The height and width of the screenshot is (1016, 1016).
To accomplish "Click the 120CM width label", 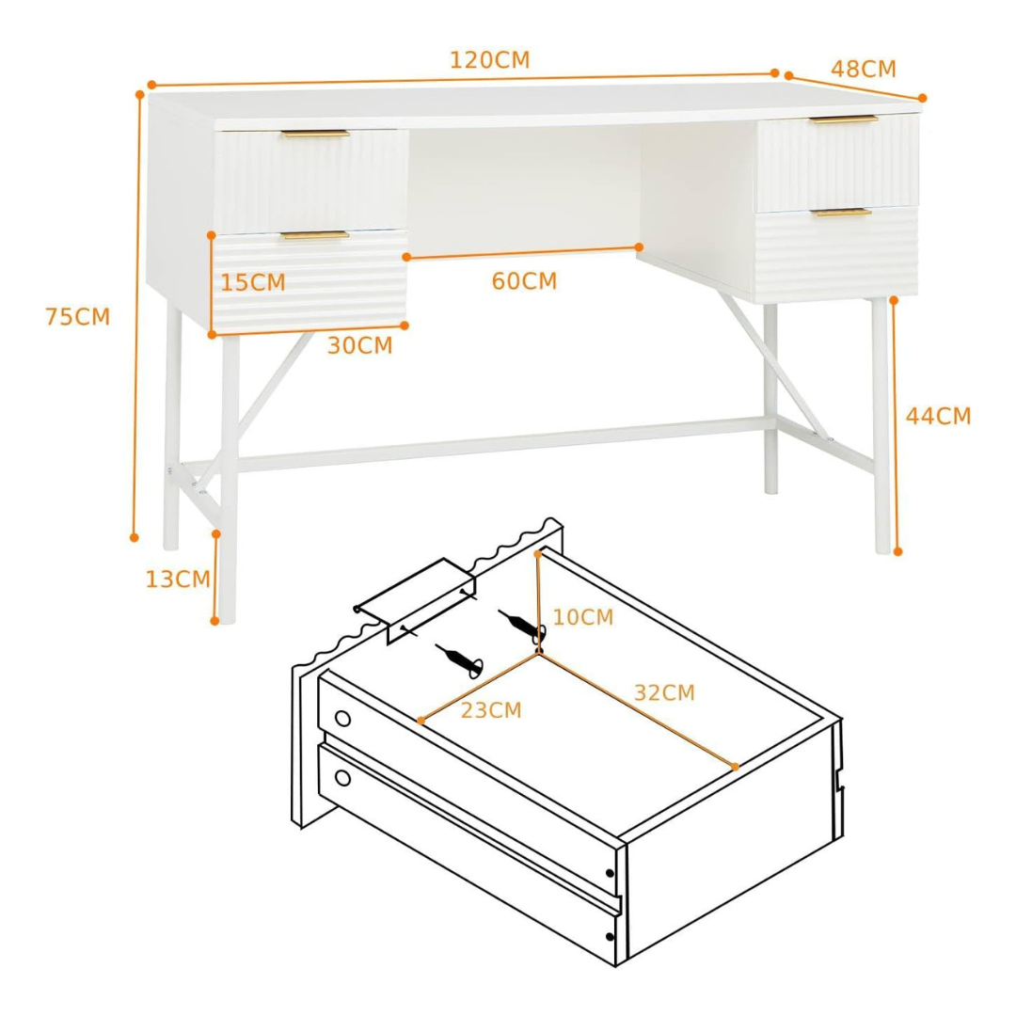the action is click(x=490, y=60).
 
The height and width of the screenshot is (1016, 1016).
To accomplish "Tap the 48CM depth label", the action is click(x=863, y=69).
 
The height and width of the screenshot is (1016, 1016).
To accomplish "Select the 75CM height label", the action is click(x=78, y=317).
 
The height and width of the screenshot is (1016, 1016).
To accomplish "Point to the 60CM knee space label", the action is click(x=524, y=281).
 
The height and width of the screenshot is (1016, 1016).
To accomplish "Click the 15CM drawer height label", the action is click(x=253, y=282).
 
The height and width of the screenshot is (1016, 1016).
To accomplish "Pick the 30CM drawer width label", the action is click(x=360, y=346).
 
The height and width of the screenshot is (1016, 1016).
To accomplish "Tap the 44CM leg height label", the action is click(x=938, y=416).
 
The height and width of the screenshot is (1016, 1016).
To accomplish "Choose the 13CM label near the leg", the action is click(x=178, y=579).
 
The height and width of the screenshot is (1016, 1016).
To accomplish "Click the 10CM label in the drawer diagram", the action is click(x=583, y=617).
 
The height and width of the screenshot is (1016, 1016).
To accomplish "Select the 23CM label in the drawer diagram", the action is click(x=491, y=710).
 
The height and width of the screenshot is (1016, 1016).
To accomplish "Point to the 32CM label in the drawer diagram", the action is click(x=664, y=692).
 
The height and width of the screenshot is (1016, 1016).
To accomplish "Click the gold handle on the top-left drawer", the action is click(x=315, y=135).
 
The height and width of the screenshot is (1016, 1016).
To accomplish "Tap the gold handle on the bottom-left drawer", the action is click(x=315, y=235).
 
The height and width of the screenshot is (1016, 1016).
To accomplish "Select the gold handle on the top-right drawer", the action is click(x=844, y=119).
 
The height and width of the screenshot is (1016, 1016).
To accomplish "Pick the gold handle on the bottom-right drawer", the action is click(x=844, y=212).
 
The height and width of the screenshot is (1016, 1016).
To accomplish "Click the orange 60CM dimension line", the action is click(x=523, y=252).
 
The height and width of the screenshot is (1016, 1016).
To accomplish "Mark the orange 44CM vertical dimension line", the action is click(x=896, y=426).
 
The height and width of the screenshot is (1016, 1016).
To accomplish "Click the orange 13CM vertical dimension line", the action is click(x=215, y=578).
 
